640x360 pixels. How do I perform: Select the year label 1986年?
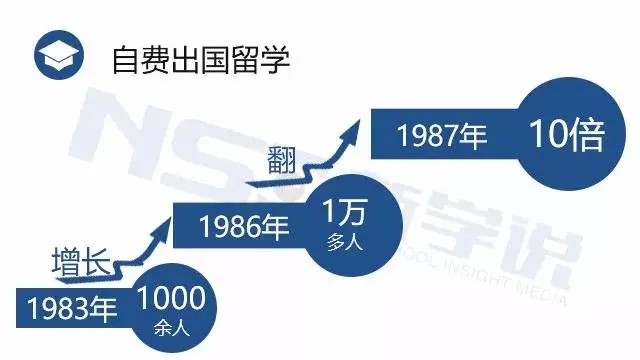point(237,225)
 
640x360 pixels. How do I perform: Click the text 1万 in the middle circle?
point(341,213)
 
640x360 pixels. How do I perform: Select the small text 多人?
point(341,240)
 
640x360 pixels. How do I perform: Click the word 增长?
point(80,262)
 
